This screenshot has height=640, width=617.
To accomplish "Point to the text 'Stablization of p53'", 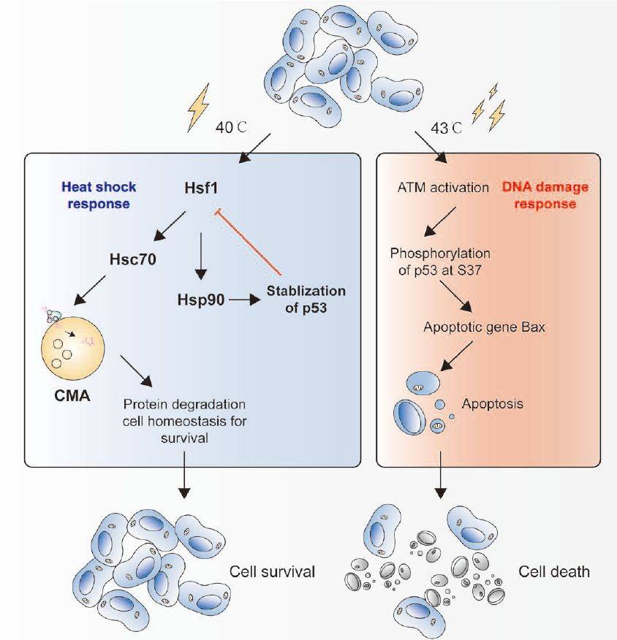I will (305, 298).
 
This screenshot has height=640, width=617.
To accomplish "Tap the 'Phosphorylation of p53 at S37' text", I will (439, 259).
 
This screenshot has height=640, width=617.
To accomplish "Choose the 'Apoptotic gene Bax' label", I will (484, 327).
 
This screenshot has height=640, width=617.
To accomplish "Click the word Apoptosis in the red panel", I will (492, 403).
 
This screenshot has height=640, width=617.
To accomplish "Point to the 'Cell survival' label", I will (272, 571).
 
